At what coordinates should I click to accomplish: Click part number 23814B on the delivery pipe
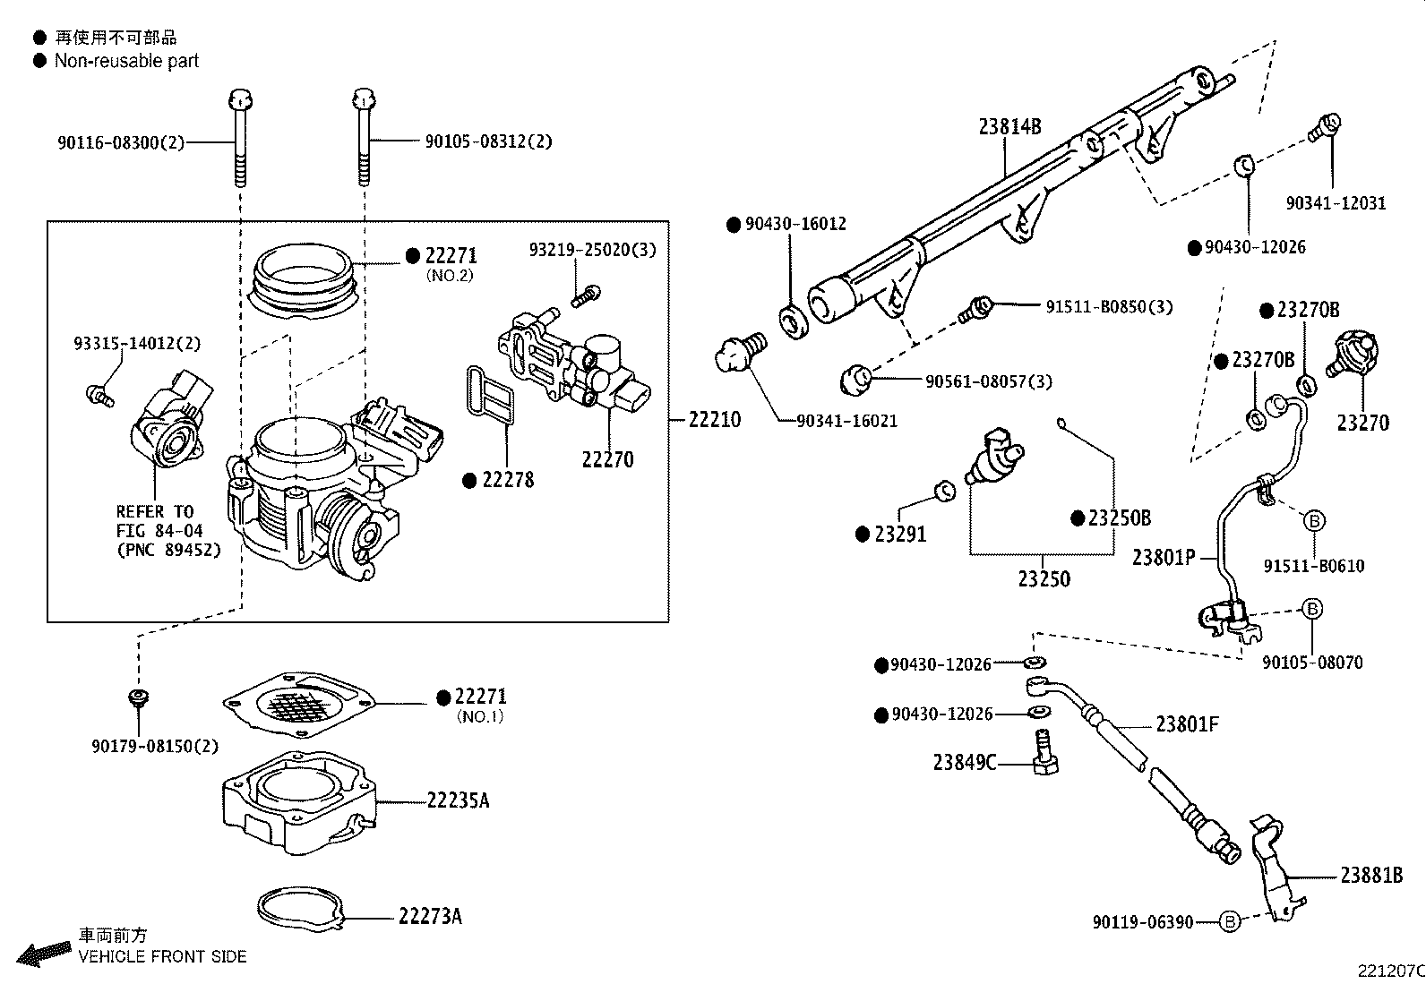tap(1009, 126)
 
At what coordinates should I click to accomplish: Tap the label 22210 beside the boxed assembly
tap(714, 419)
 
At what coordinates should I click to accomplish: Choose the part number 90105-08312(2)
tap(488, 141)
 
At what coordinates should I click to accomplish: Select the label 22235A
tap(458, 800)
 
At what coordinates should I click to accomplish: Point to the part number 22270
tap(607, 459)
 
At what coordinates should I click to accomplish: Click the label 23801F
tap(1187, 723)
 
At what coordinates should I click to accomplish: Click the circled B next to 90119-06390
tap(1230, 921)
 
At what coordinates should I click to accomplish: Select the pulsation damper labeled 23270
tap(1353, 355)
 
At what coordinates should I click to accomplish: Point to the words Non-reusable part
tap(126, 61)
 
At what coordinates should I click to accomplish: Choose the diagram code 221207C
tap(1389, 971)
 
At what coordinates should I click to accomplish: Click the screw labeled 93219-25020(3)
tap(588, 294)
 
